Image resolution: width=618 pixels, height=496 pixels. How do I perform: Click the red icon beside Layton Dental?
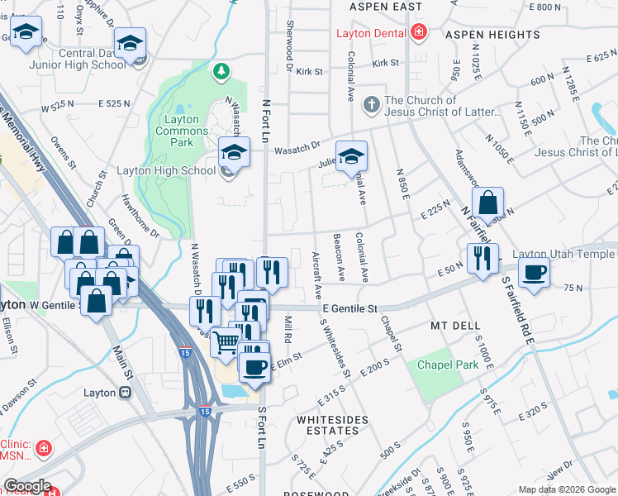(420, 33)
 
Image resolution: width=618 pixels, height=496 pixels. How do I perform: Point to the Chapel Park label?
(448, 365)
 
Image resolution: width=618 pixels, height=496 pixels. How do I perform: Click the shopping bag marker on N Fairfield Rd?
(487, 203)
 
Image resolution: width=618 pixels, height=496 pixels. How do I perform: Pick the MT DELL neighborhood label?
(451, 326)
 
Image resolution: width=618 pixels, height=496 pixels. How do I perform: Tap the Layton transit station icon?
(125, 393)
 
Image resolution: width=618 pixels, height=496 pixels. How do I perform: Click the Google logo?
(26, 486)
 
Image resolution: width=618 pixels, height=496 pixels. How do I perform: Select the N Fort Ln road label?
(266, 119)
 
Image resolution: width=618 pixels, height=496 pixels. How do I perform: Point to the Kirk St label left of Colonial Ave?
(309, 72)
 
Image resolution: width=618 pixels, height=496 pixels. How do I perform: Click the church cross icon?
(372, 106)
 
